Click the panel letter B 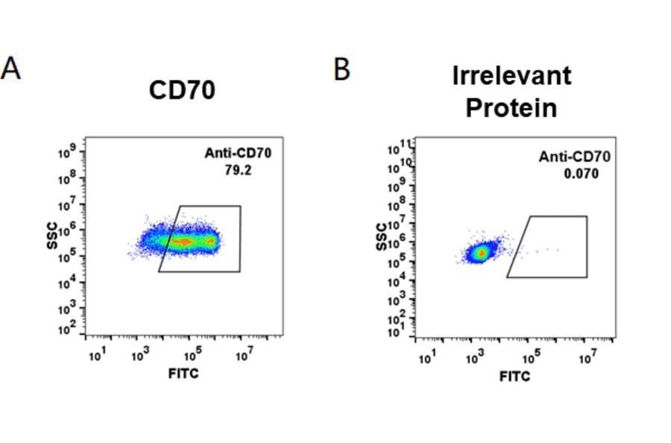point(341,69)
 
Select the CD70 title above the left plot point(182,90)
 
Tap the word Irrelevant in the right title point(511,75)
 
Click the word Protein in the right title point(511,107)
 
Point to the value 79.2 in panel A point(238,169)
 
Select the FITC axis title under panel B point(514,377)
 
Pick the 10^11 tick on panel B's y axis point(403,144)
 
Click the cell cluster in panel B point(482,252)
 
